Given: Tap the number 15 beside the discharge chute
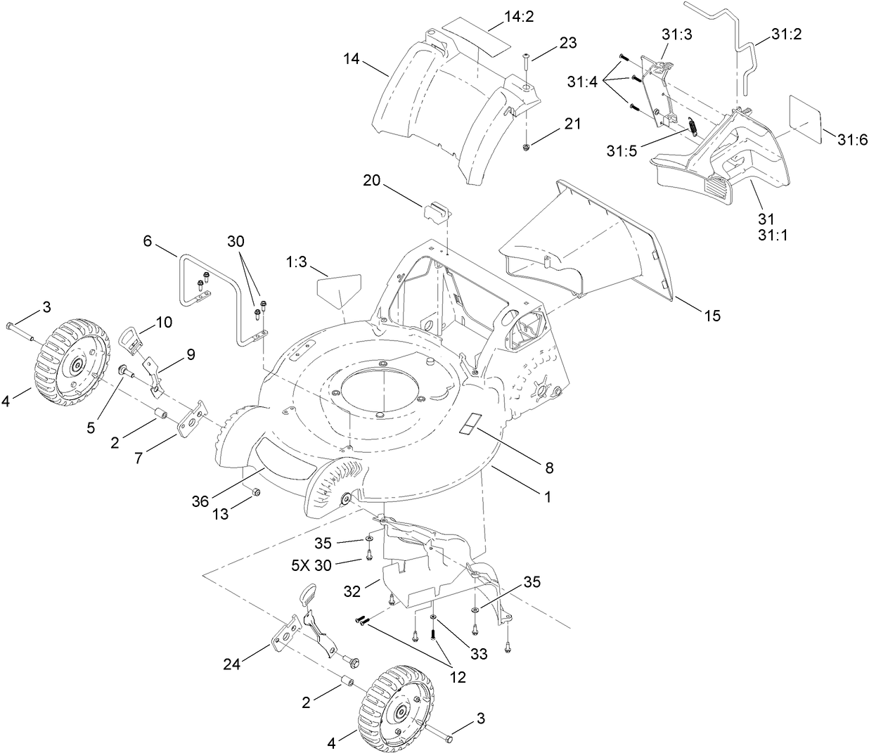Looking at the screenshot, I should click(x=712, y=316).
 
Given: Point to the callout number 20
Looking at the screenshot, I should click(x=373, y=181).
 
